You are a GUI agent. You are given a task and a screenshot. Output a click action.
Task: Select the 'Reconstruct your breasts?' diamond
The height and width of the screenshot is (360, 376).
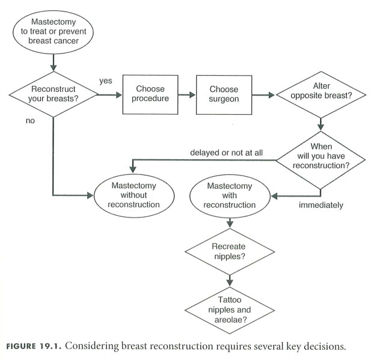pos(54,94)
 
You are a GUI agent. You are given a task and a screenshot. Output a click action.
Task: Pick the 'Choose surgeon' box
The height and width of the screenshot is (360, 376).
pos(224,94)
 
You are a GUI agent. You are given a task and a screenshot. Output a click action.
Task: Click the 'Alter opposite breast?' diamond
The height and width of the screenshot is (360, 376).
pos(321,94)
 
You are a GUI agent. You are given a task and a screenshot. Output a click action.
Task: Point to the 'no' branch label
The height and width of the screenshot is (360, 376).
pos(30,121)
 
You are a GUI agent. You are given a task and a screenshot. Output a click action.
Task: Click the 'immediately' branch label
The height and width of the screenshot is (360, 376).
pos(321,206)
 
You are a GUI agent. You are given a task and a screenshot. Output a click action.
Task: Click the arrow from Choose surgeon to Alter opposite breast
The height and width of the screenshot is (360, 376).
pos(263,94)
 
